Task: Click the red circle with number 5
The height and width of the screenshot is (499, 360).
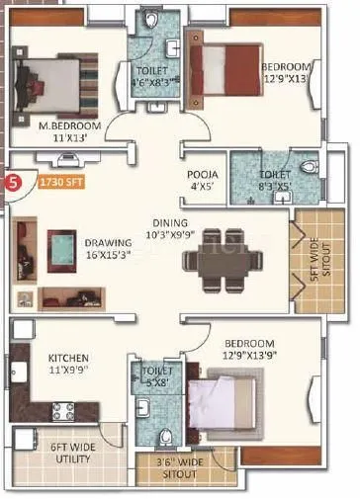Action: click(x=13, y=182)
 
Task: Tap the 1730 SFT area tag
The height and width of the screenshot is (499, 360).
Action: click(x=57, y=181)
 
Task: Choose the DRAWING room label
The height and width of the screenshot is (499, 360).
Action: click(x=108, y=241)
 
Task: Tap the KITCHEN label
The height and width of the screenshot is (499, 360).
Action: click(x=68, y=357)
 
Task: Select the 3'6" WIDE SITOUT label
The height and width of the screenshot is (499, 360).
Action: click(x=194, y=468)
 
